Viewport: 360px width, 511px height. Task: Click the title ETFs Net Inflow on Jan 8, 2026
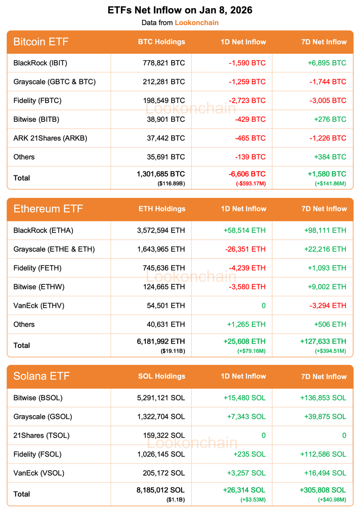point(180,10)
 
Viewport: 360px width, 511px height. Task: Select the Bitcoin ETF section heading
point(41,42)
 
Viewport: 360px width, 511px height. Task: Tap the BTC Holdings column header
point(161,42)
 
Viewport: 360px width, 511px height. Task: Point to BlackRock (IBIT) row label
point(40,63)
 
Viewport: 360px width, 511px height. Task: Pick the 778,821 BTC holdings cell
point(164,63)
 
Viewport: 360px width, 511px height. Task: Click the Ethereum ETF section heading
point(48,209)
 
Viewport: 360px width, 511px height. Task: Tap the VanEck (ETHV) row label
point(39,305)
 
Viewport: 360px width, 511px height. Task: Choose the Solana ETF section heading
point(41,376)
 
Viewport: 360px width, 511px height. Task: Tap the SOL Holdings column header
point(162,376)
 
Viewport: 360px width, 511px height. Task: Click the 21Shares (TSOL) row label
point(41,435)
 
